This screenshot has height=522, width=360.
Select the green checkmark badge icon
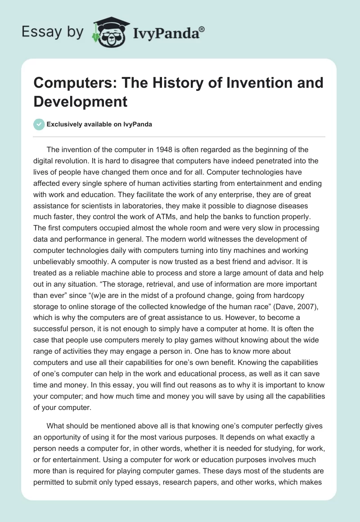39,124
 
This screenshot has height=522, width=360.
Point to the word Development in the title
81,101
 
